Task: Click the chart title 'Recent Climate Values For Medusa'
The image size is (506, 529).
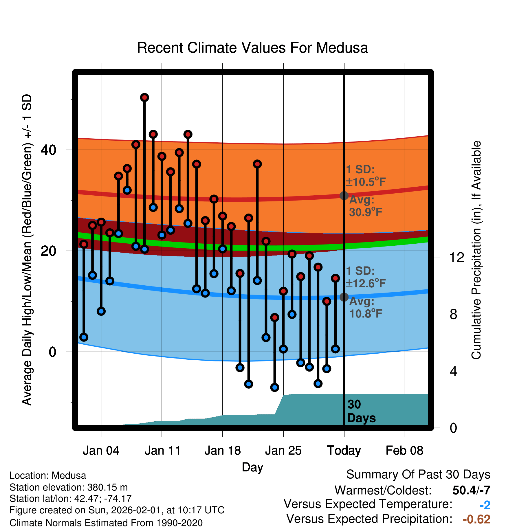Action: pos(252,48)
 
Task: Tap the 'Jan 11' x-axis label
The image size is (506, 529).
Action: pos(162,451)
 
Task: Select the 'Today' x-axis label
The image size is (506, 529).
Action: pos(344,451)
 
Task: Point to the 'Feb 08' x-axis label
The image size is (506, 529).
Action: pos(404,451)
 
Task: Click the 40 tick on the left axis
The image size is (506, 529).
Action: pos(49,150)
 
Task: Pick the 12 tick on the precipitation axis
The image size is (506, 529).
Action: pos(457,257)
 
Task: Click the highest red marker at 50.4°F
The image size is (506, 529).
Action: pos(144,98)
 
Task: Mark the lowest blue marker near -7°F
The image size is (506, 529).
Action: pos(275,387)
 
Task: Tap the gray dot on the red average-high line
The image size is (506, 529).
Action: pos(344,196)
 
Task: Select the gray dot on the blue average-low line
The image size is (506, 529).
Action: pos(344,297)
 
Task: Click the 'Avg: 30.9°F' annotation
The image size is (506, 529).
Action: pos(365,206)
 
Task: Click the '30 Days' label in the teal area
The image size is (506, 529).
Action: pos(361,411)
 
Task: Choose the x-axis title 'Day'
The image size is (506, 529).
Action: pos(252,467)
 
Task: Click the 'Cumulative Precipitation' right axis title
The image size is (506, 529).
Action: pos(476,250)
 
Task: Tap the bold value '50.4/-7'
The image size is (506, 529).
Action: pos(471,490)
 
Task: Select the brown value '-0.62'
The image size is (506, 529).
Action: pos(476,519)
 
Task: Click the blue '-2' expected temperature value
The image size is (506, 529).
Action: pos(485,505)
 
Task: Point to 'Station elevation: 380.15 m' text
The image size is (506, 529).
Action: pos(69,487)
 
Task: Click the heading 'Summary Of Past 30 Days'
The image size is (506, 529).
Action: pos(418,475)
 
